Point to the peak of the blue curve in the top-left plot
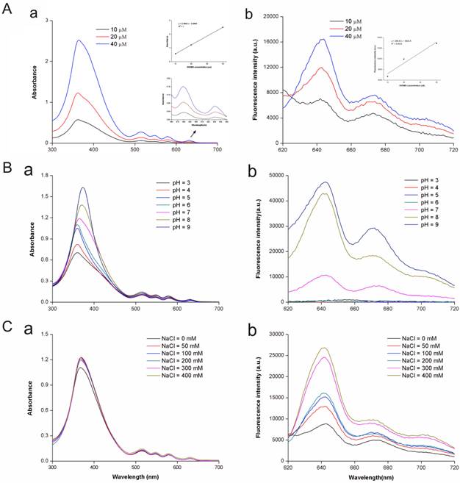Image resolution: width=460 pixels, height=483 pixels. [x=79, y=40]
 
